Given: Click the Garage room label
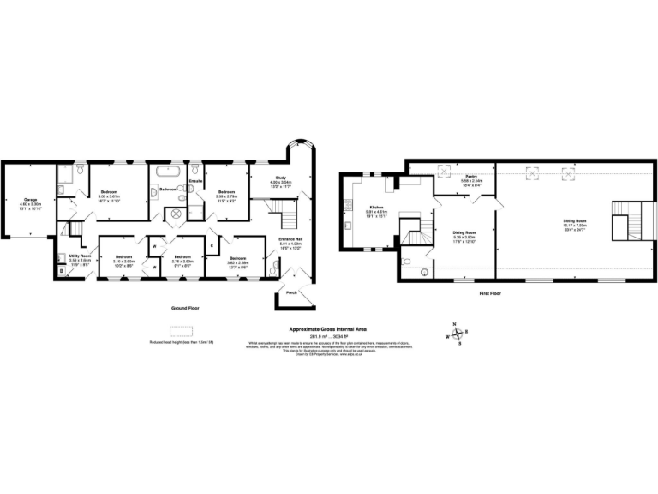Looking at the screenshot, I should coord(30,199).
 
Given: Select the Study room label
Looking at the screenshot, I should coord(281,178).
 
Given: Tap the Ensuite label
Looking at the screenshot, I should coord(195,181).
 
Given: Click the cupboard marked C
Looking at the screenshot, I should coord(212,246).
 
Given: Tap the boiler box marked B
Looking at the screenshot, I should coord(62,272).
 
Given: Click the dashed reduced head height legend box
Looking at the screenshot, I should coord(181,331).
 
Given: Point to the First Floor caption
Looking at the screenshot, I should coord(489,292).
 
